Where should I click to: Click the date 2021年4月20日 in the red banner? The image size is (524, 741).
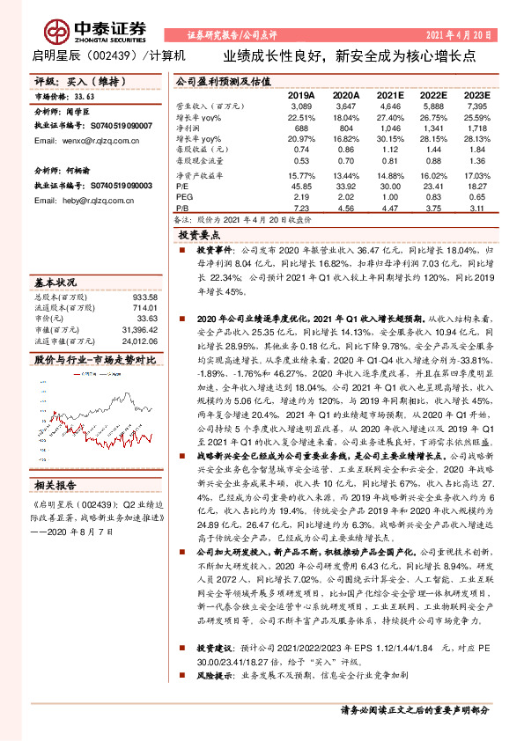click(458, 34)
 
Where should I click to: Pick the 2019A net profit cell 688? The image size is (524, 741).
click(301, 128)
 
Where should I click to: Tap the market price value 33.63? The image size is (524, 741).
click(85, 98)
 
